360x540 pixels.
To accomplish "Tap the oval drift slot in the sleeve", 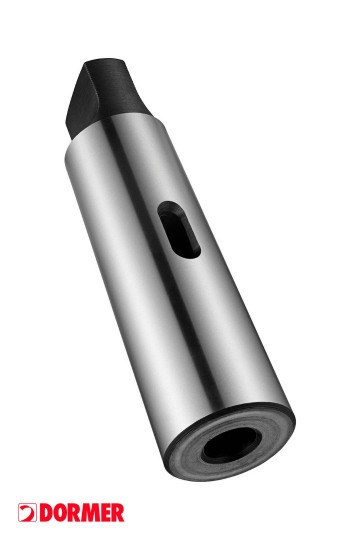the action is point(179,230).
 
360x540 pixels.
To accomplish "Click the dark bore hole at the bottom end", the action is point(231,445).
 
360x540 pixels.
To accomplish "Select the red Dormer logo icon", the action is point(27,512).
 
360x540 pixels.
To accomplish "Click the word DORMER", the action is point(82,512).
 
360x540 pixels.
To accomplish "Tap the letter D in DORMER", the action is point(46,513).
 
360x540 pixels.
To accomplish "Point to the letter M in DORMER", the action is point(91,513).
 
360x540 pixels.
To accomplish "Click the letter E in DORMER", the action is point(106,513).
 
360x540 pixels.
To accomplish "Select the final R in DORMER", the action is point(118,513).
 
